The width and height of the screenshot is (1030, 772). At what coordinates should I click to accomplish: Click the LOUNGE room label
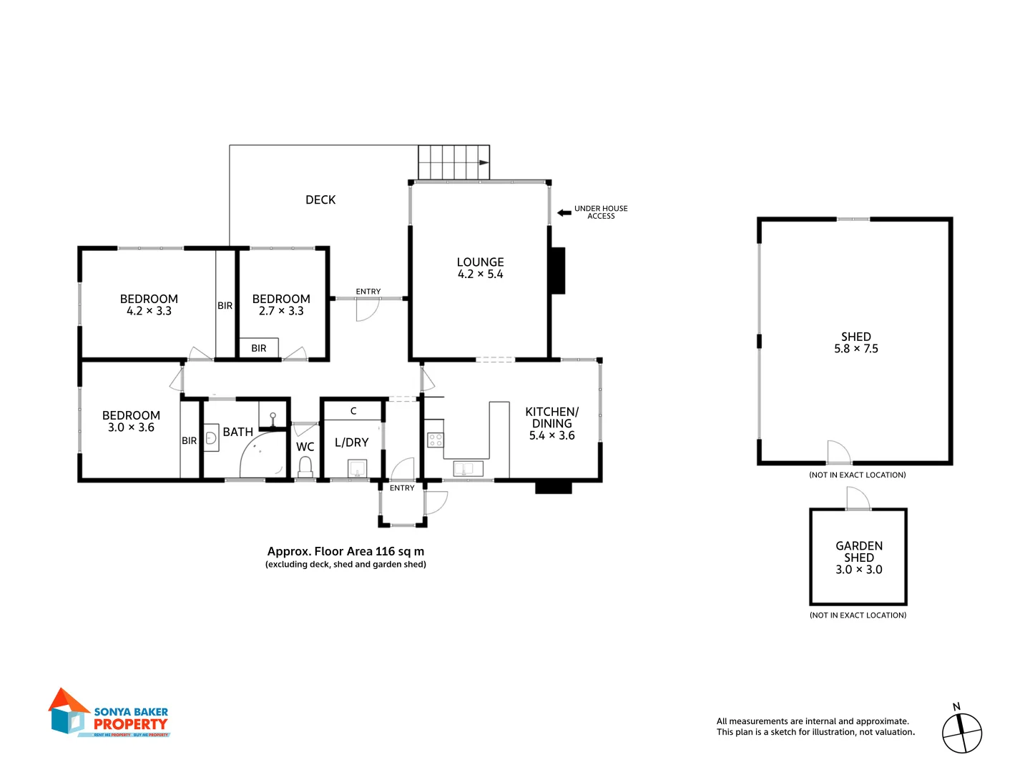[x=480, y=262]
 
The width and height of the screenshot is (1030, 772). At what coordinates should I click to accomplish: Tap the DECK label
[x=320, y=200]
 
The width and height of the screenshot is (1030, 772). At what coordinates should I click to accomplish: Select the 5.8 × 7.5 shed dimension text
[x=855, y=349]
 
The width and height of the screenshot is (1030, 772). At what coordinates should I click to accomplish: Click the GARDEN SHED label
[x=858, y=551]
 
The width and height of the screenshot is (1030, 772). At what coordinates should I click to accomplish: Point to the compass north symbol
[x=961, y=732]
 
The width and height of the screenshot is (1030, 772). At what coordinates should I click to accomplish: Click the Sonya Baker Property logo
[x=109, y=713]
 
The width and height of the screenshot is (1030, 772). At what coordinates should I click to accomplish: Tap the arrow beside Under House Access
[x=564, y=212]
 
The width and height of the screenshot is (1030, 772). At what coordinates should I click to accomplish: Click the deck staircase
[x=453, y=162]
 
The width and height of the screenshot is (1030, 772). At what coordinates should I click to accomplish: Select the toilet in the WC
[x=305, y=466]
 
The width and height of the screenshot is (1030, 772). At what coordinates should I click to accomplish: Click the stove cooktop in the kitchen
[x=435, y=440]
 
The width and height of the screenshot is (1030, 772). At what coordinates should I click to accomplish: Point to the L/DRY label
[x=351, y=442]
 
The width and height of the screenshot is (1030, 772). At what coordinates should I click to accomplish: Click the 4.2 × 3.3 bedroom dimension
[x=149, y=311]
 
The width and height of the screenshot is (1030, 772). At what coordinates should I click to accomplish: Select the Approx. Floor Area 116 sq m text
[x=345, y=551]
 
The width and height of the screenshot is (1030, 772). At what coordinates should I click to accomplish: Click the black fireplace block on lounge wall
[x=557, y=270]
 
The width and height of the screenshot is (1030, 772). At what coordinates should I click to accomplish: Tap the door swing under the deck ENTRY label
[x=366, y=310]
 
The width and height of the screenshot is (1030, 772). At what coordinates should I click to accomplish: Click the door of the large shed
[x=838, y=452]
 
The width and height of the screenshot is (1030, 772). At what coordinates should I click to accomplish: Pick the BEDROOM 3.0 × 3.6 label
[x=131, y=421]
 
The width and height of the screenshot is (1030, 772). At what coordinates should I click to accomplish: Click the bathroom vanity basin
[x=211, y=438]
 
